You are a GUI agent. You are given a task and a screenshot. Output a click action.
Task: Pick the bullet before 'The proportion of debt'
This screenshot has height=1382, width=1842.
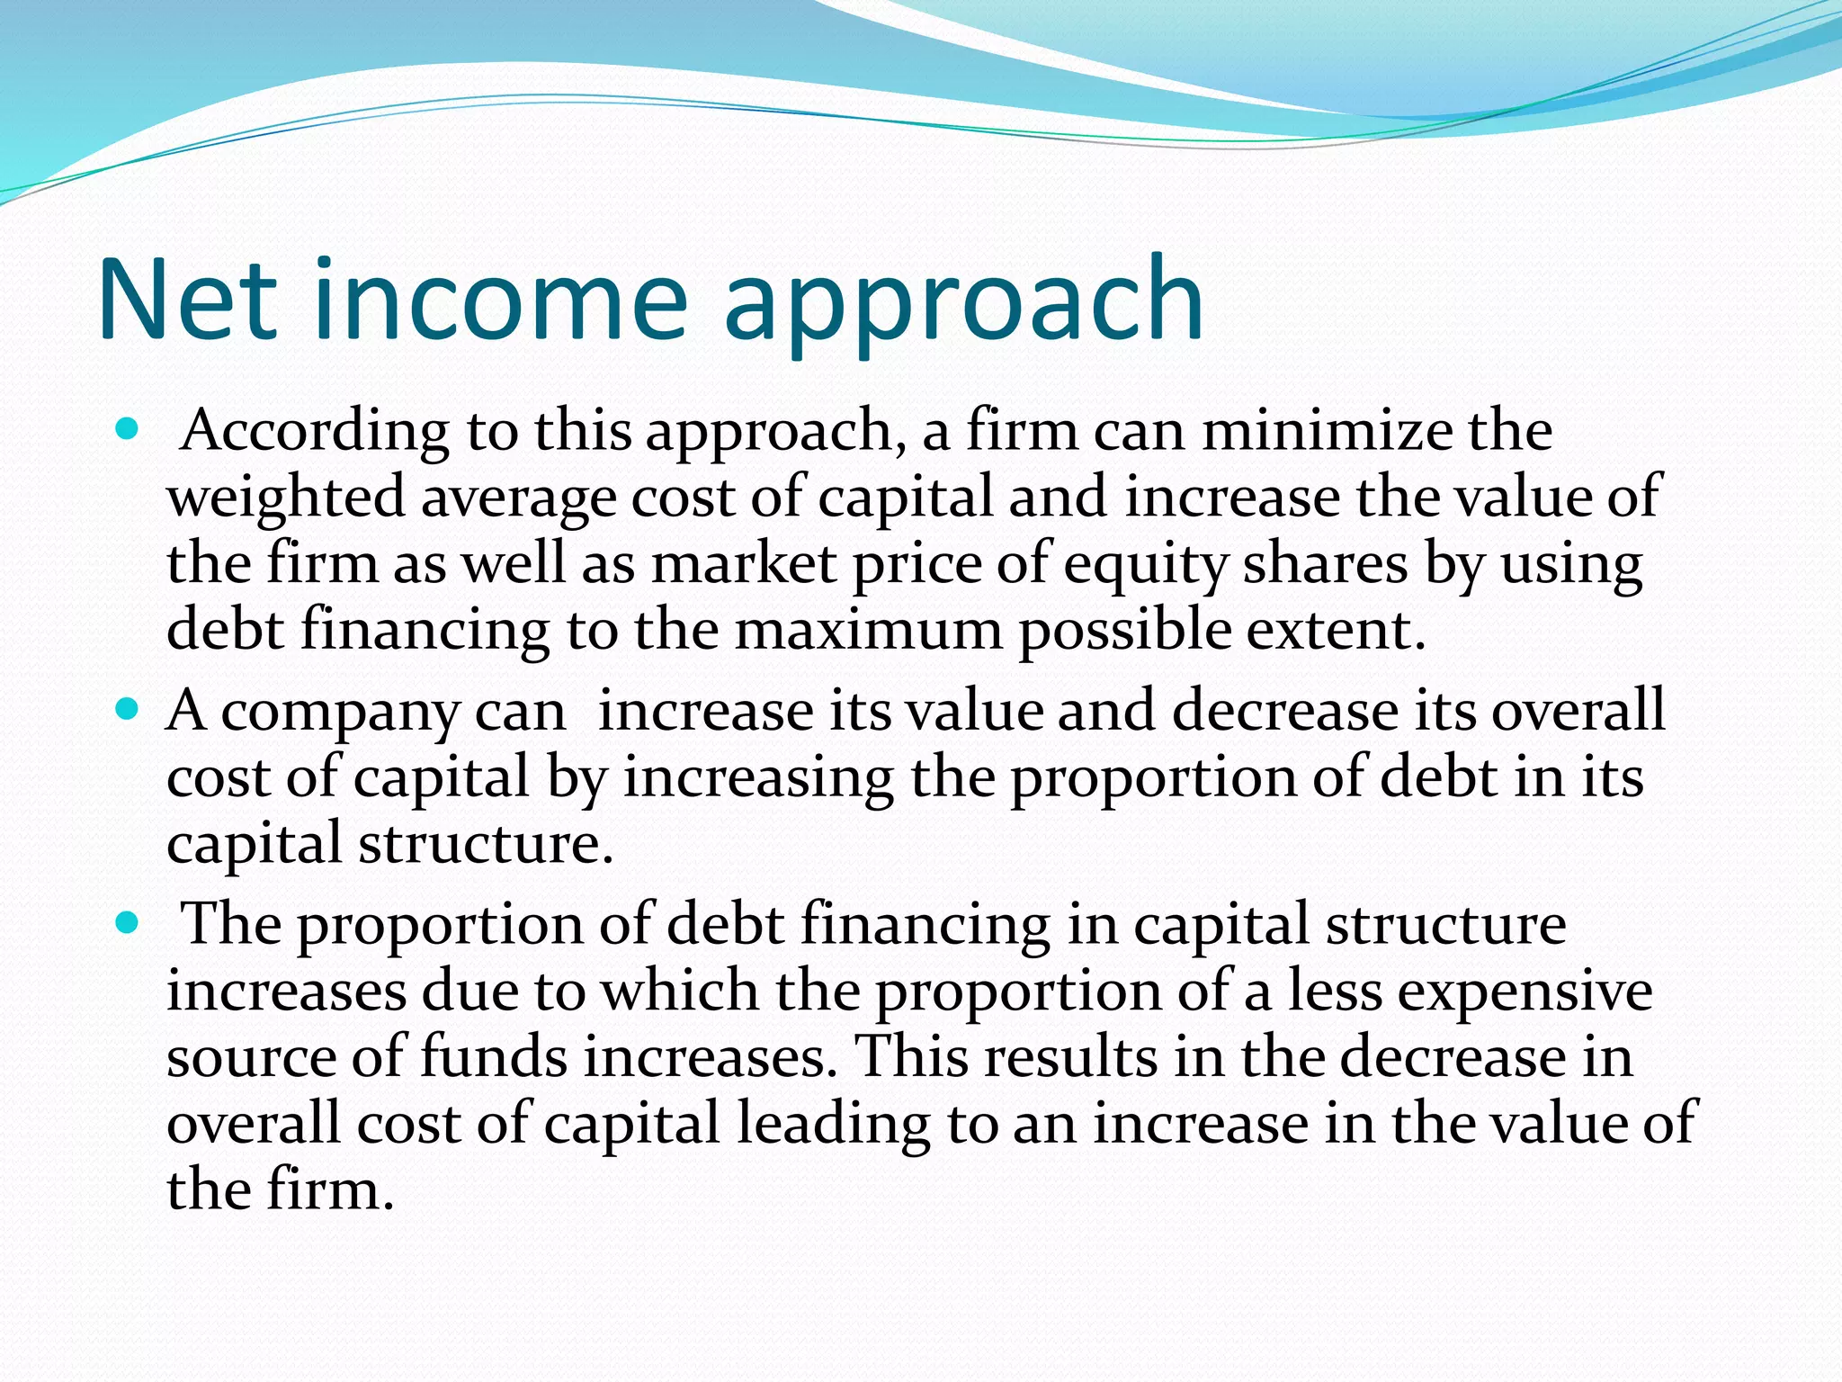(x=129, y=923)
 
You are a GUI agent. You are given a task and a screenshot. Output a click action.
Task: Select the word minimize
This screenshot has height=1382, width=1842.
(x=1327, y=431)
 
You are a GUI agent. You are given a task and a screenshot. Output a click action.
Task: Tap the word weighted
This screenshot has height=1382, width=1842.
(x=286, y=498)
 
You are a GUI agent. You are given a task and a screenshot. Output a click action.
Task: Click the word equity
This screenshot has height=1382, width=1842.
(x=1145, y=565)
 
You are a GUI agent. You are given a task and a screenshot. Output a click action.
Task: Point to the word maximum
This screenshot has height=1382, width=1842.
(x=868, y=630)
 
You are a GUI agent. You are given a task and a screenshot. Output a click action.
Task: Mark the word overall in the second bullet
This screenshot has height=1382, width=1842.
(x=1578, y=711)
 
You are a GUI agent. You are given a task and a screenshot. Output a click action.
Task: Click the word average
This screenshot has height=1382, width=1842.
(x=517, y=498)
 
